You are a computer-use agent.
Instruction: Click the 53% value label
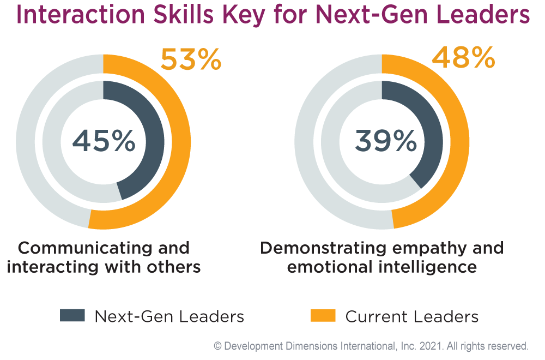191,59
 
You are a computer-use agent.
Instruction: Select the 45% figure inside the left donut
104,142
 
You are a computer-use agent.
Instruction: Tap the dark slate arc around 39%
433,136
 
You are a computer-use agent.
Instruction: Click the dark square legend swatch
72,315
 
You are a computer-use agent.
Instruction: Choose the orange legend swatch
323,315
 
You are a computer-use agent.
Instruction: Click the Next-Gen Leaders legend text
169,316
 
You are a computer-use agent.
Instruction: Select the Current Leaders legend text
412,316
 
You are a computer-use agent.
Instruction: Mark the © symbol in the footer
217,346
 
